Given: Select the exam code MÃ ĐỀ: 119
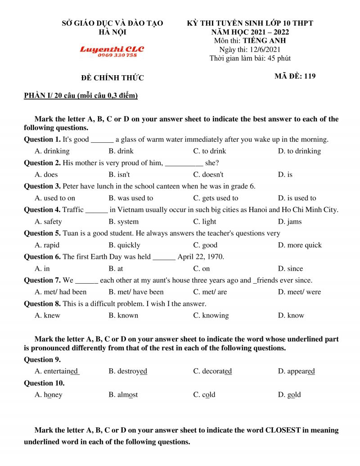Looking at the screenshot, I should [x=295, y=76].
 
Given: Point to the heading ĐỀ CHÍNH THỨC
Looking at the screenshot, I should [x=112, y=78].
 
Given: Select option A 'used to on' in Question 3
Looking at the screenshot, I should [x=55, y=198].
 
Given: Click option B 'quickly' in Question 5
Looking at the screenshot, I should [x=124, y=245].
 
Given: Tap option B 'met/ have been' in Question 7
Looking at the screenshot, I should [x=136, y=292].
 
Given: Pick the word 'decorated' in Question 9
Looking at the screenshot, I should [x=212, y=371].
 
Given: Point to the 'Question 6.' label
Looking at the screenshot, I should [x=42, y=257].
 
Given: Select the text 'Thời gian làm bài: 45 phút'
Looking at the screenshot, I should [x=250, y=59].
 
